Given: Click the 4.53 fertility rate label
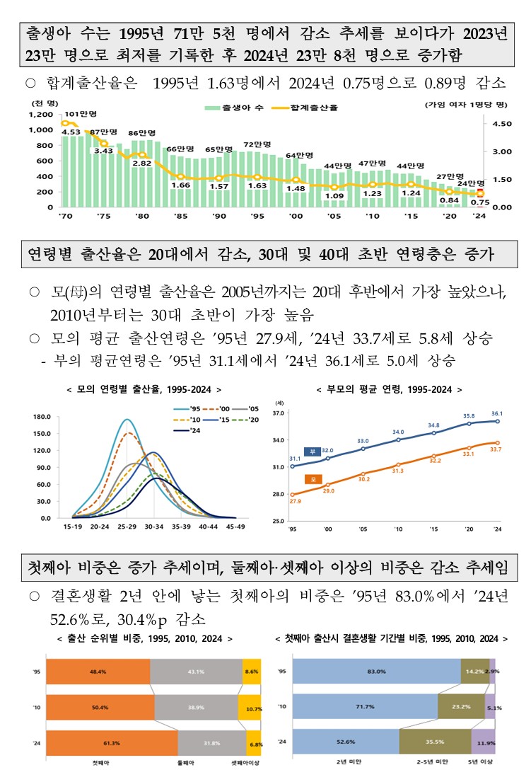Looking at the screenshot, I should (x=71, y=132).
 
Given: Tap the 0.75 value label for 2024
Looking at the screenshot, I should (x=480, y=202).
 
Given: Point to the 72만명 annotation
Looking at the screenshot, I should (x=257, y=144).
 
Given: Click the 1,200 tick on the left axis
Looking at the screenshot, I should (x=41, y=115).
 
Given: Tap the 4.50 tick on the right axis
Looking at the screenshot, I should (x=501, y=124).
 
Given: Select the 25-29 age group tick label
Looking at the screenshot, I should (x=128, y=527).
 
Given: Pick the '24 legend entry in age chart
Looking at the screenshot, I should (x=185, y=430).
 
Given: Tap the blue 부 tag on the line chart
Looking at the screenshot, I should (x=311, y=451).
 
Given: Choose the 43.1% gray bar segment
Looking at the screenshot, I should (x=197, y=672).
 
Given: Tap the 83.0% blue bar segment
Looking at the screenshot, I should (x=376, y=671).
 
